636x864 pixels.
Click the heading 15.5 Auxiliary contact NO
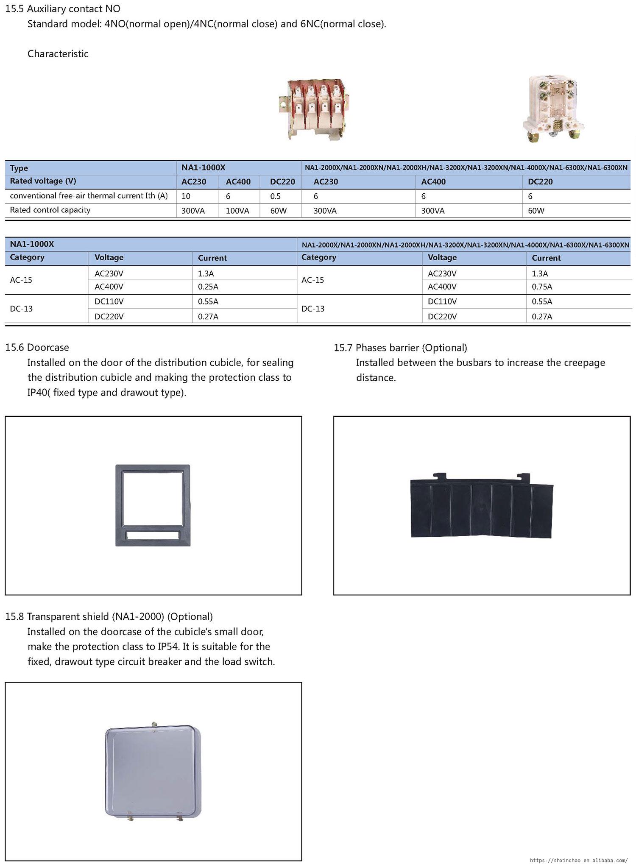[x=63, y=8]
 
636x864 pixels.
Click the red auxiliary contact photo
[x=314, y=109]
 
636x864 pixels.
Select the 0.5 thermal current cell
[x=276, y=196]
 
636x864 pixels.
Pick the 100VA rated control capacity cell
[x=237, y=211]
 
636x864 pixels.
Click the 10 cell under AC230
[x=186, y=196]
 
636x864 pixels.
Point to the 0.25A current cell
[x=208, y=287]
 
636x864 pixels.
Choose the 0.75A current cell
[x=542, y=287]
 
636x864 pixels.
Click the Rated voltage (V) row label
[x=43, y=181]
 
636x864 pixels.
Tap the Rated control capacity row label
[x=50, y=210]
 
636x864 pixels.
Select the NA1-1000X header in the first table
[x=204, y=167]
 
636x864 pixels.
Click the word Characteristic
[x=58, y=54]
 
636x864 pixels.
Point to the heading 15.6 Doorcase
[x=37, y=348]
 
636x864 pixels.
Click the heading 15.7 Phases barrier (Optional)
[x=400, y=348]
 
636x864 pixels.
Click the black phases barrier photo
[x=482, y=507]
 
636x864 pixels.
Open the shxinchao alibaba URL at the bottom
[x=579, y=860]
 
